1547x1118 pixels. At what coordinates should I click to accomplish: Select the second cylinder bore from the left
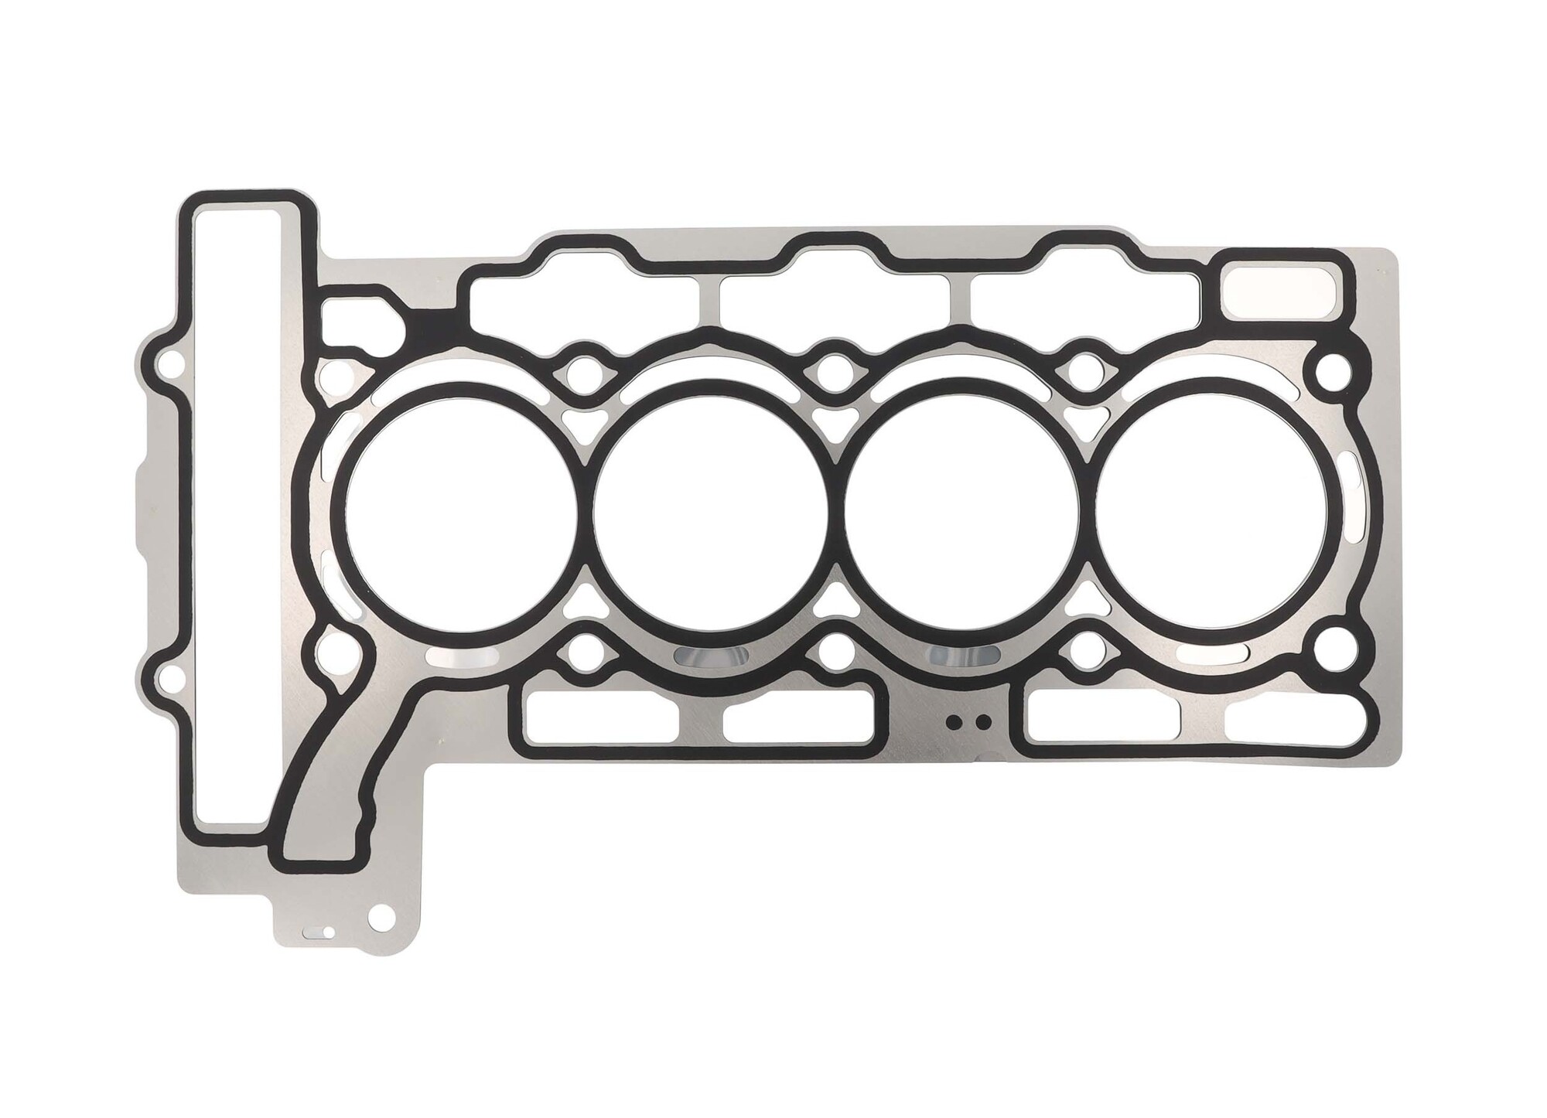709,515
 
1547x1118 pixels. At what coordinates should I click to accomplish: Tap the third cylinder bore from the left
959,515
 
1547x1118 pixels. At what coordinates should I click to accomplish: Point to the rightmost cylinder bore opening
1212,515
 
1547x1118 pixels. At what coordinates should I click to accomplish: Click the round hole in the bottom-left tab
380,921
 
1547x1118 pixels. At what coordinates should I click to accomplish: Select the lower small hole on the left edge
165,679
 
